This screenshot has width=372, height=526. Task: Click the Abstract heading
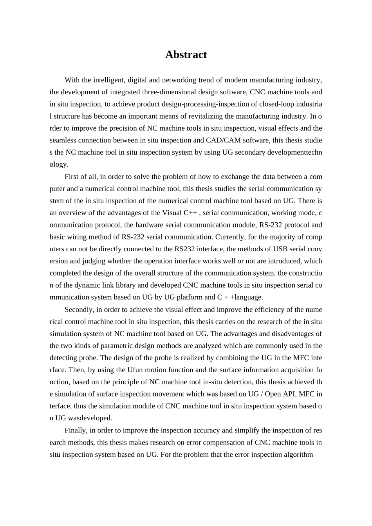click(186, 55)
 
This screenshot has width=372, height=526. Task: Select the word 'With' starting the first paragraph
click(72, 80)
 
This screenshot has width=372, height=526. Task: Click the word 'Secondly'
click(79, 310)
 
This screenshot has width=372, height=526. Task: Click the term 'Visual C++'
click(179, 213)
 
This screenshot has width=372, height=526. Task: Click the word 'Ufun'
click(135, 370)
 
